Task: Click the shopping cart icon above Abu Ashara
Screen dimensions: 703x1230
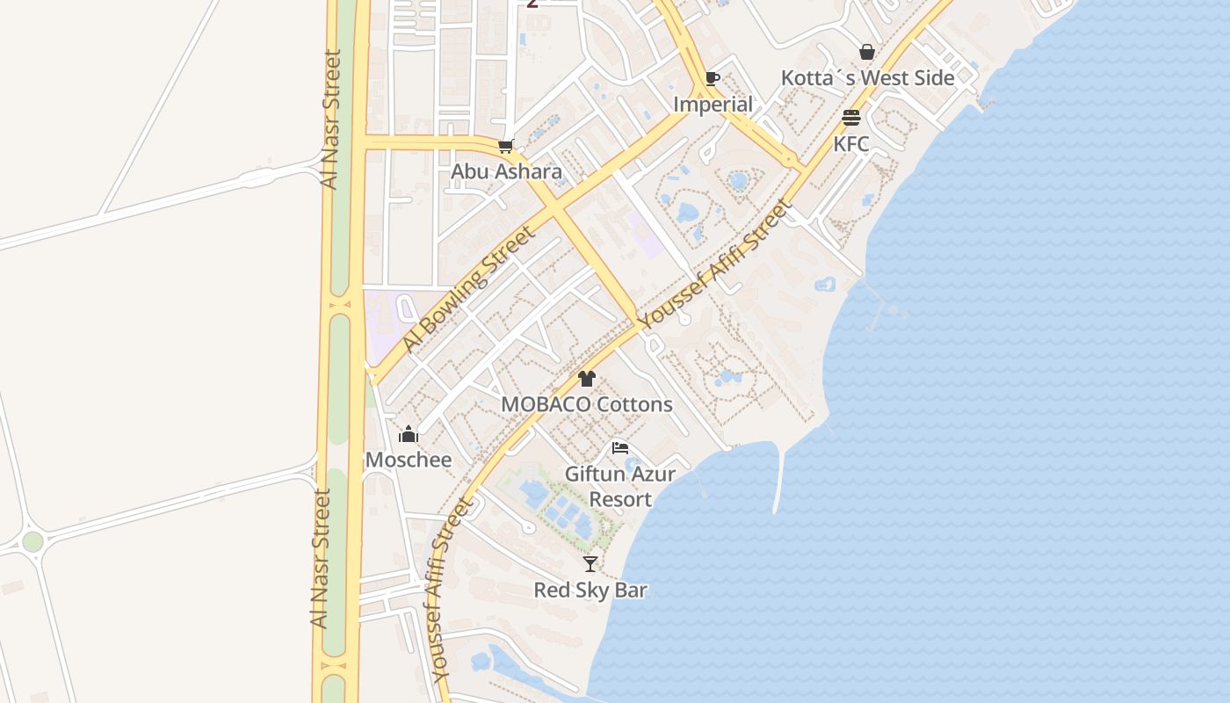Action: pos(505,146)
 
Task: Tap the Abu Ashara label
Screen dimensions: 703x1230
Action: pos(506,171)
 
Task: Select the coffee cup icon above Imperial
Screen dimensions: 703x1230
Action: pos(713,79)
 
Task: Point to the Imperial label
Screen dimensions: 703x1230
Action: pos(713,105)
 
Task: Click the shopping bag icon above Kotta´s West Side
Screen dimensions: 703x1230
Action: pos(867,52)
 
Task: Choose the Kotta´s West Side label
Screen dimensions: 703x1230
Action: pos(867,78)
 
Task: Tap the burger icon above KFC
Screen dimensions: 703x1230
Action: pos(850,118)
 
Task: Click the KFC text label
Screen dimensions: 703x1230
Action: pos(850,143)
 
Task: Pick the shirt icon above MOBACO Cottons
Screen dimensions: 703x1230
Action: pos(587,379)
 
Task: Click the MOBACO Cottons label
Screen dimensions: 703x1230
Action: pos(587,404)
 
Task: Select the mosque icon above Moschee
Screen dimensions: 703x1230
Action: pos(409,434)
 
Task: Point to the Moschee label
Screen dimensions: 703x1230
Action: pos(409,460)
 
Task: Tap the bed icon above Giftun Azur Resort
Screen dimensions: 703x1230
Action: pos(620,448)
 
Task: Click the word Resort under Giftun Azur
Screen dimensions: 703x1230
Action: pos(620,499)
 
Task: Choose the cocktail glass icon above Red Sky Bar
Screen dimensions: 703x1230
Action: pos(590,564)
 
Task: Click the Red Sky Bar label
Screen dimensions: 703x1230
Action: pos(590,590)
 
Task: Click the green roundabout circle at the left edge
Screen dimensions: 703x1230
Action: pos(33,541)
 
